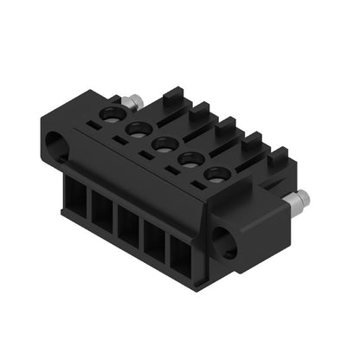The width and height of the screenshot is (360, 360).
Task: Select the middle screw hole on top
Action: pos(164,144)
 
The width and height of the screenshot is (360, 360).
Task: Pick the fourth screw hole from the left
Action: pos(190,159)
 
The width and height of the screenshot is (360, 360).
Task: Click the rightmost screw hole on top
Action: pos(217,174)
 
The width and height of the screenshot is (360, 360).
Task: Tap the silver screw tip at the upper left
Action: pos(131,103)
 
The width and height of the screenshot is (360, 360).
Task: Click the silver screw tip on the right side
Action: pos(297,204)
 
